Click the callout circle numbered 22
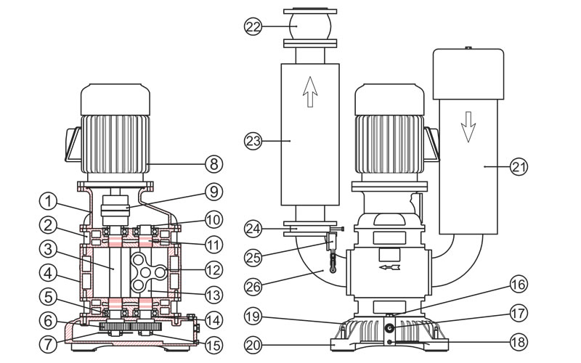tap(252, 26)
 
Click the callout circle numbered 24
tap(252, 229)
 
